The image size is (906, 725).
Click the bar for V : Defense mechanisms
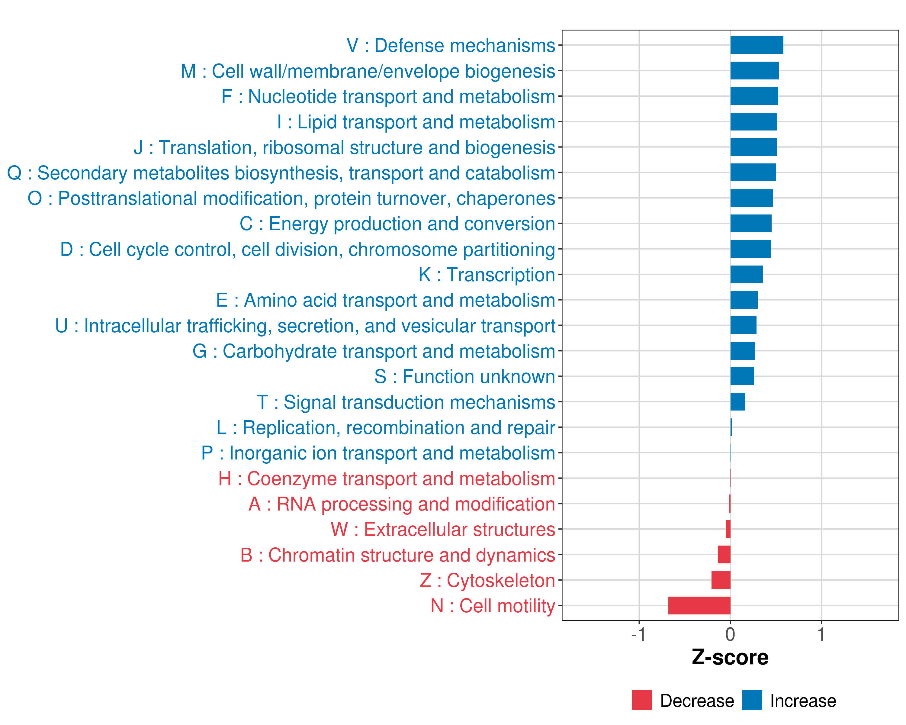pyautogui.click(x=757, y=45)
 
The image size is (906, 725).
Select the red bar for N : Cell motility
pyautogui.click(x=699, y=605)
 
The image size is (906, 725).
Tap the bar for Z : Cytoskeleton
pyautogui.click(x=721, y=580)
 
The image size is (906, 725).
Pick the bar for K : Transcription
pyautogui.click(x=746, y=275)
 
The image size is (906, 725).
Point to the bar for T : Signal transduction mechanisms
pyautogui.click(x=737, y=402)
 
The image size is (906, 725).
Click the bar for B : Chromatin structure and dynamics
pyautogui.click(x=724, y=554)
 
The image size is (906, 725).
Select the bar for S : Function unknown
pyautogui.click(x=742, y=376)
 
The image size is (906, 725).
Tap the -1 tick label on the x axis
pyautogui.click(x=638, y=634)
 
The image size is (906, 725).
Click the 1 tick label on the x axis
pyautogui.click(x=821, y=634)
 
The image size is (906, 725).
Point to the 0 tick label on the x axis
pyautogui.click(x=730, y=634)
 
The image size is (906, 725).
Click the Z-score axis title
pyautogui.click(x=730, y=657)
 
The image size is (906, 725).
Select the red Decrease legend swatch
pyautogui.click(x=642, y=700)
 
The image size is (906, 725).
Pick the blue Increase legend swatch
pyautogui.click(x=752, y=700)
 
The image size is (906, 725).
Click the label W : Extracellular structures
pyautogui.click(x=443, y=530)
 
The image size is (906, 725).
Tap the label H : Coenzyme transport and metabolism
pyautogui.click(x=387, y=479)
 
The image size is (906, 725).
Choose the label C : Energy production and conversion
pyautogui.click(x=397, y=224)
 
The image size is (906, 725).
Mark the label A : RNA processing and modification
pyautogui.click(x=402, y=504)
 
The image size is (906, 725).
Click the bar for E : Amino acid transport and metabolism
pyautogui.click(x=744, y=300)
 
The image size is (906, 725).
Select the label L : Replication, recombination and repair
pyautogui.click(x=386, y=428)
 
